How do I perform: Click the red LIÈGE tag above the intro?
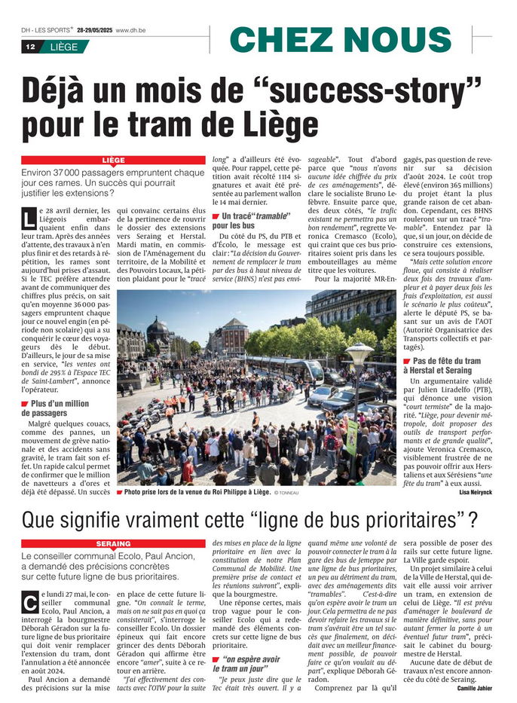(113, 160)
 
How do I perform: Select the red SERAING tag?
(113, 543)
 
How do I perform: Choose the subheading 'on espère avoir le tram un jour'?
(246, 664)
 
